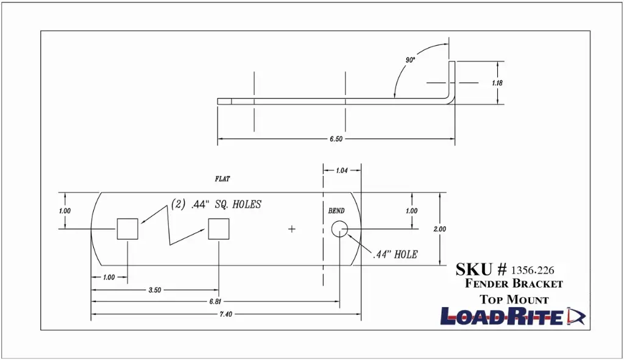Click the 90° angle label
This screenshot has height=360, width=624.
point(410,60)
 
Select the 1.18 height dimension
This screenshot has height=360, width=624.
point(497,83)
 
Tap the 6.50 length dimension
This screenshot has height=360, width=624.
point(336,139)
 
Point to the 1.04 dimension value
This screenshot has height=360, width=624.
point(342,171)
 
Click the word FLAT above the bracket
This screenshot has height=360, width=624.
point(222,179)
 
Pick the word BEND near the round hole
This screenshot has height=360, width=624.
point(336,211)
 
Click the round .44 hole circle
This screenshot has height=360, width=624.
point(339,229)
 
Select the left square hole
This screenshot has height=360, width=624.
point(127,229)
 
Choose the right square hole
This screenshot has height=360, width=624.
point(219,229)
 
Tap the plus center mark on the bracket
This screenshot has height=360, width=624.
point(292,229)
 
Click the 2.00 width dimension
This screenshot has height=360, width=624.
point(440,229)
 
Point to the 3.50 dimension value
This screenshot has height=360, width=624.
point(155,290)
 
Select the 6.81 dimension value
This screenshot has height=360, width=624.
point(215,302)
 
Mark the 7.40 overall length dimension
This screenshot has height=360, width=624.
point(225,314)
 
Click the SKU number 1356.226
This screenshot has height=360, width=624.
point(533,270)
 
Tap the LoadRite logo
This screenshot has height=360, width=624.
point(513,316)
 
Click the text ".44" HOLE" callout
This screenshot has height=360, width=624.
point(395,255)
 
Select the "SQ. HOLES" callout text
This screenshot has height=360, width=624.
point(238,205)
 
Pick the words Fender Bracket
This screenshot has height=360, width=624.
point(514,284)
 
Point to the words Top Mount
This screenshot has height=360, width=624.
point(514,300)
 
